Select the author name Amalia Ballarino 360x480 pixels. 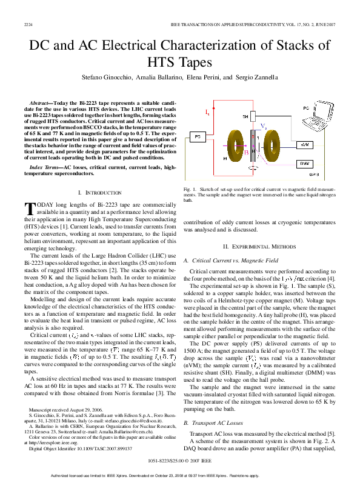pos(158,78)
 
